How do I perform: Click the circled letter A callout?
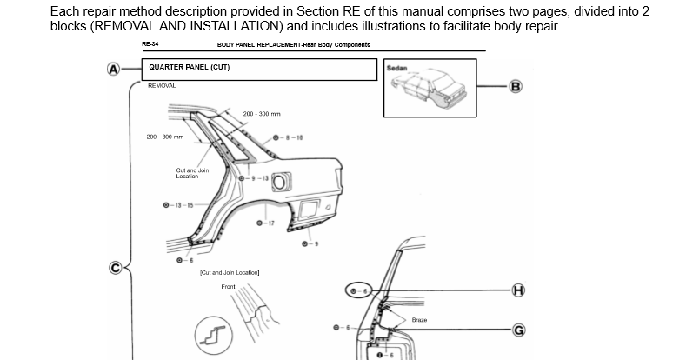point(112,70)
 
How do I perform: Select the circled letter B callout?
point(516,86)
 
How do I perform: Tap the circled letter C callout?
point(115,267)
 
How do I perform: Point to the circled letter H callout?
point(518,290)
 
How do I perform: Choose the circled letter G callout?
point(518,330)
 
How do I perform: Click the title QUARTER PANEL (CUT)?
point(189,69)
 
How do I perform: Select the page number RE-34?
point(150,44)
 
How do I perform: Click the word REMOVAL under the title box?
point(162,86)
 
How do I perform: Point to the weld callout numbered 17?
point(266,223)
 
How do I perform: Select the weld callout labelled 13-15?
point(177,205)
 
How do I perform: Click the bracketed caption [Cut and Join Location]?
point(230,273)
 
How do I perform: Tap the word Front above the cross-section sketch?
point(229,286)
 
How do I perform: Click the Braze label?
point(419,320)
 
